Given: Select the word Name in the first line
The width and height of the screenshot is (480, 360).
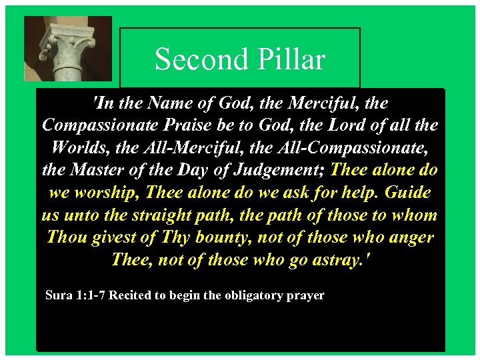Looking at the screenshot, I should click(x=174, y=103).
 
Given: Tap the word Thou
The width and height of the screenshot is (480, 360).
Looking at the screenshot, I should click(x=68, y=237).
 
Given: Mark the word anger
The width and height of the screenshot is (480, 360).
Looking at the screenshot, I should click(x=411, y=237).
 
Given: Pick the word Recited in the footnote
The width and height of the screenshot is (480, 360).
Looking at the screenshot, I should click(x=130, y=295).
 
